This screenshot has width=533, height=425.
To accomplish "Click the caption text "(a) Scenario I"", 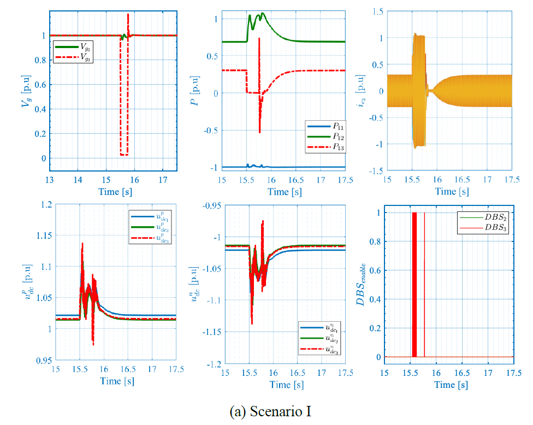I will coord(266,411).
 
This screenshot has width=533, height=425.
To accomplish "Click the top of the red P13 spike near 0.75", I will coord(259,38).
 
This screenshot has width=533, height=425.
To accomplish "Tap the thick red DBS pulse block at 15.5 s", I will coord(414,284).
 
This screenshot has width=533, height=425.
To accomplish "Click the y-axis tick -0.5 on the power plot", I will coord(209,130).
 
